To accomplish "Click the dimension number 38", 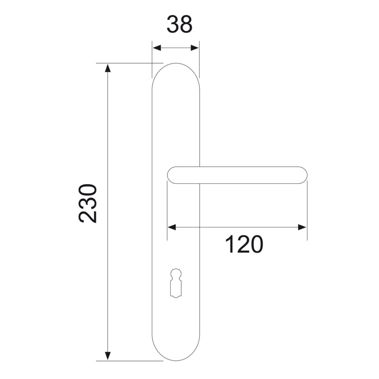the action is coord(180,24).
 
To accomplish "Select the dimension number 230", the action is coord(88,203).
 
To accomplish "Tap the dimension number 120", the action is coord(244,244).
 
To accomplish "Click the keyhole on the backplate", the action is coord(176,283).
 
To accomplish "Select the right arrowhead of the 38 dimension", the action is coord(194,48).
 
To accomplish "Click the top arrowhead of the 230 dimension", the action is coord(108,68).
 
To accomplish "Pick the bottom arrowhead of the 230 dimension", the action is coord(108,356).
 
